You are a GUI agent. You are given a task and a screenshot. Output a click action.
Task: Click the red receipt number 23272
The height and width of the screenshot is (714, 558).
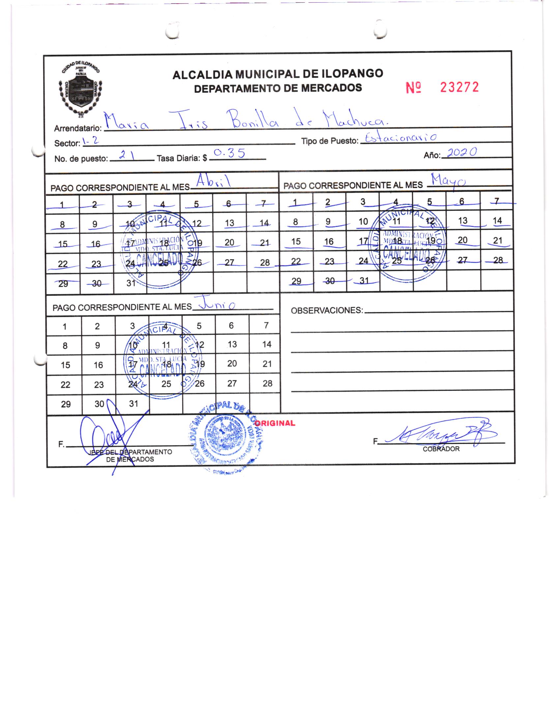click(459, 87)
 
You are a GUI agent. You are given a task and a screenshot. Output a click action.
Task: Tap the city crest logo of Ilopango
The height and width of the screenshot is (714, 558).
click(81, 89)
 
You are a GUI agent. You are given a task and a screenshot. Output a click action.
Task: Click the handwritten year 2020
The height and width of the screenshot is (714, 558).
click(461, 153)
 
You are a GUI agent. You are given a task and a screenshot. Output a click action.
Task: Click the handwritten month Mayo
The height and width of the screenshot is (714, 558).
click(448, 181)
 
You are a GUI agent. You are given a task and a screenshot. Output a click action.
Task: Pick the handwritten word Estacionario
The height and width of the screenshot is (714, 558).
click(401, 139)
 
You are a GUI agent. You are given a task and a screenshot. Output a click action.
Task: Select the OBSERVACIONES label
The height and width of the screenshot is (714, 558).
click(327, 311)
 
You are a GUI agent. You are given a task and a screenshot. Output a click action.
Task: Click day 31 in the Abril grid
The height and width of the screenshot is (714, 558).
click(131, 283)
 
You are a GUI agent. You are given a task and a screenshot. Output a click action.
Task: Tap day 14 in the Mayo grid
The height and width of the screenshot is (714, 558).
click(497, 221)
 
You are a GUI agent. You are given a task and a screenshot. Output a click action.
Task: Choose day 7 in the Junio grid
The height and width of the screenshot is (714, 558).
click(266, 326)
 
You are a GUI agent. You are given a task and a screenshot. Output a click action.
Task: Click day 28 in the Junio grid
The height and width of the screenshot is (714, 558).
click(267, 383)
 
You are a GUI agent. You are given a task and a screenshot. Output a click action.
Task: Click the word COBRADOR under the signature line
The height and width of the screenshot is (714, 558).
click(441, 449)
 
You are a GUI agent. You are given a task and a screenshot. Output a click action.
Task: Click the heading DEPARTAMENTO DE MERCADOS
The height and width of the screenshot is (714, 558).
click(278, 88)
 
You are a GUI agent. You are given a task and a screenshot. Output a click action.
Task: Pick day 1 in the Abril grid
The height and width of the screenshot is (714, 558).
click(62, 205)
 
